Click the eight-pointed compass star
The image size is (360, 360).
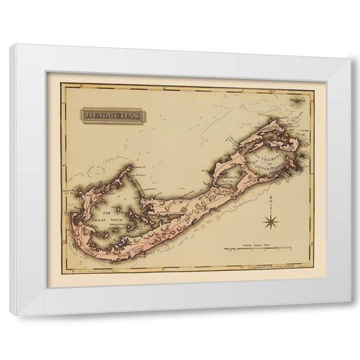click(x=270, y=220)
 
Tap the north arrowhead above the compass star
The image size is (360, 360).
click(x=270, y=197)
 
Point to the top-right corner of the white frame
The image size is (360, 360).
click(x=349, y=46)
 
